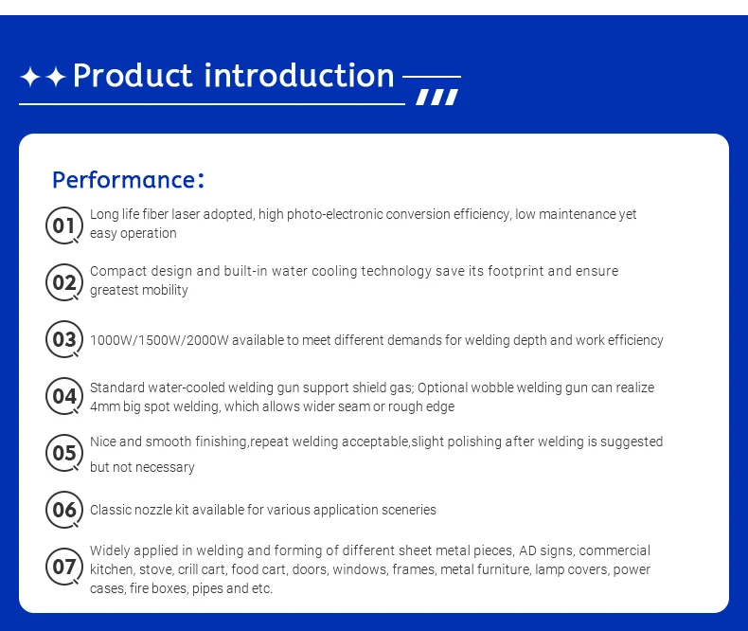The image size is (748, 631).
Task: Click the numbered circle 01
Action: pyautogui.click(x=64, y=225)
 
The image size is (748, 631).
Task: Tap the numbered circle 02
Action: pyautogui.click(x=64, y=282)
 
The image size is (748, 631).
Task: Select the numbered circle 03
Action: pyautogui.click(x=64, y=339)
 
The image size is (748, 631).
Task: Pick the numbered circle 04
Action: pyautogui.click(x=64, y=396)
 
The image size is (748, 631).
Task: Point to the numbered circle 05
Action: pyautogui.click(x=64, y=453)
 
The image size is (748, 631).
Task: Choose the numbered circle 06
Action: pyautogui.click(x=64, y=510)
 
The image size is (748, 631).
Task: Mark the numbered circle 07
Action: pyautogui.click(x=64, y=567)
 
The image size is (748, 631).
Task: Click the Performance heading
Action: pyautogui.click(x=129, y=180)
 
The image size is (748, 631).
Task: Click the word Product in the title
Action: pyautogui.click(x=133, y=76)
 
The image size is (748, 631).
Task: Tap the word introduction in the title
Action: pyautogui.click(x=299, y=76)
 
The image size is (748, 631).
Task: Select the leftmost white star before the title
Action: pyautogui.click(x=30, y=77)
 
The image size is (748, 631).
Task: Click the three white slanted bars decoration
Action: pyautogui.click(x=437, y=97)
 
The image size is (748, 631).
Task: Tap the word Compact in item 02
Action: pyautogui.click(x=117, y=272)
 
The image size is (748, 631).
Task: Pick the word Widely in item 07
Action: pyautogui.click(x=110, y=550)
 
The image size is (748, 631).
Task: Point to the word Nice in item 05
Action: pyautogui.click(x=102, y=442)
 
